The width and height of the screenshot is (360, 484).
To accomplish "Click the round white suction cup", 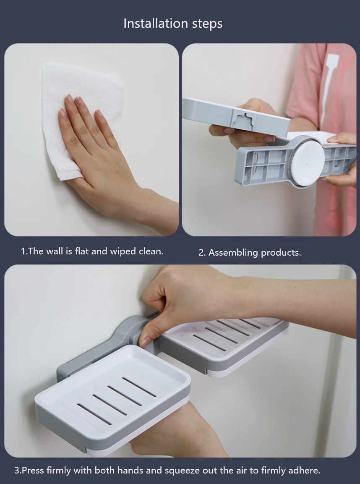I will [x=308, y=160].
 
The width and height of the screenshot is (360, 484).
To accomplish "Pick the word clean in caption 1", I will [x=150, y=251].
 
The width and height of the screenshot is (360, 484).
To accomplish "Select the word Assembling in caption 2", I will [x=233, y=253].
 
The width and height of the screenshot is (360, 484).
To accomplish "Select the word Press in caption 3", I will [x=33, y=471].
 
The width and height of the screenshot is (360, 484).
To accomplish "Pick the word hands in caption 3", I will [x=130, y=471].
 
